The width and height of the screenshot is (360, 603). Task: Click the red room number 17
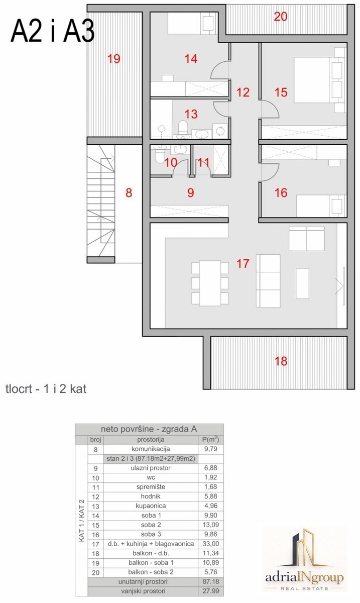[243, 263]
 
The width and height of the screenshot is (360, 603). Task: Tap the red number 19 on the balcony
[114, 59]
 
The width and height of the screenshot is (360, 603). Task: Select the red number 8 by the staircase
[129, 193]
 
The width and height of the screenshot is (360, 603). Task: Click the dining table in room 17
[210, 283]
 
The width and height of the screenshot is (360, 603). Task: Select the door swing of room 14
[220, 70]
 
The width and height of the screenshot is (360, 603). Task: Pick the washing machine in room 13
[219, 131]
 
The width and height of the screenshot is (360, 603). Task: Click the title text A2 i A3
[53, 32]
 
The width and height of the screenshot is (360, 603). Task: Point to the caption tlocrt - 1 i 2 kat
[46, 389]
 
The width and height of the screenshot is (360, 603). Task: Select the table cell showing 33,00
[211, 544]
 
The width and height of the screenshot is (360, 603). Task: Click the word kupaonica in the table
[151, 506]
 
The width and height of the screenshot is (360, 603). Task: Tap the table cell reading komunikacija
[151, 449]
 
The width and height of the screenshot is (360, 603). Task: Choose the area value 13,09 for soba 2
[211, 525]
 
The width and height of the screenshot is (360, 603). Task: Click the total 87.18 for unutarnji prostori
[211, 581]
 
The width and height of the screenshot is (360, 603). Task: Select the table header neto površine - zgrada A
[149, 429]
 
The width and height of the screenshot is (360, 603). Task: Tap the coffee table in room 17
[302, 283]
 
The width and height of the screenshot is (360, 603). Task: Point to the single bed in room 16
[321, 206]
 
